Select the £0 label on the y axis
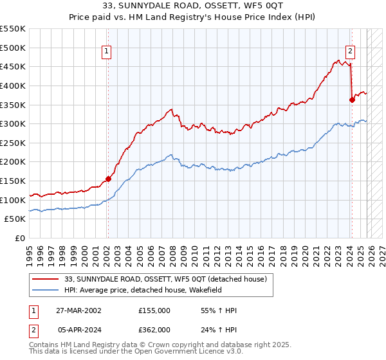(x=20, y=239)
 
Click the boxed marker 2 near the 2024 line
(x=351, y=53)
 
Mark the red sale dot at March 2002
(x=108, y=179)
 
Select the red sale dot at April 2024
(x=352, y=100)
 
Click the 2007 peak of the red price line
(x=170, y=109)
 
